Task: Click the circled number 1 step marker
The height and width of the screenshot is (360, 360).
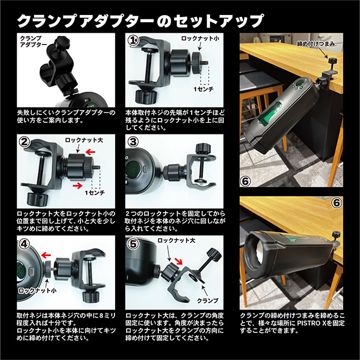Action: [x=133, y=41]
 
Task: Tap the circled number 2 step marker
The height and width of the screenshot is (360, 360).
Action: [x=23, y=142]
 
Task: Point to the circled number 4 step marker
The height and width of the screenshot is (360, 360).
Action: [x=23, y=243]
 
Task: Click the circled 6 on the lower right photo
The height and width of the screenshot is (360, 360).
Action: [x=336, y=203]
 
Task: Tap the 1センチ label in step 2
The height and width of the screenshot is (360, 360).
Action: [x=94, y=192]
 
